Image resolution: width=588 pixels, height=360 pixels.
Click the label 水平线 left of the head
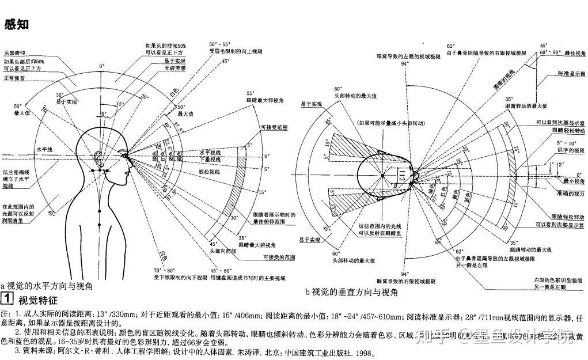44,149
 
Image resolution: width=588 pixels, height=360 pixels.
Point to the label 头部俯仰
14,53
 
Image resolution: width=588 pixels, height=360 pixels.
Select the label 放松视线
210,172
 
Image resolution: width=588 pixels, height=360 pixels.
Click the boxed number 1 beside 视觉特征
7,299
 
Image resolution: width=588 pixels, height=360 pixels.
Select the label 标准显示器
570,74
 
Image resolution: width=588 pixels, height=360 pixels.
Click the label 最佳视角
574,52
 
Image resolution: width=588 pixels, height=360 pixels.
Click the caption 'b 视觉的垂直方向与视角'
351,292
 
